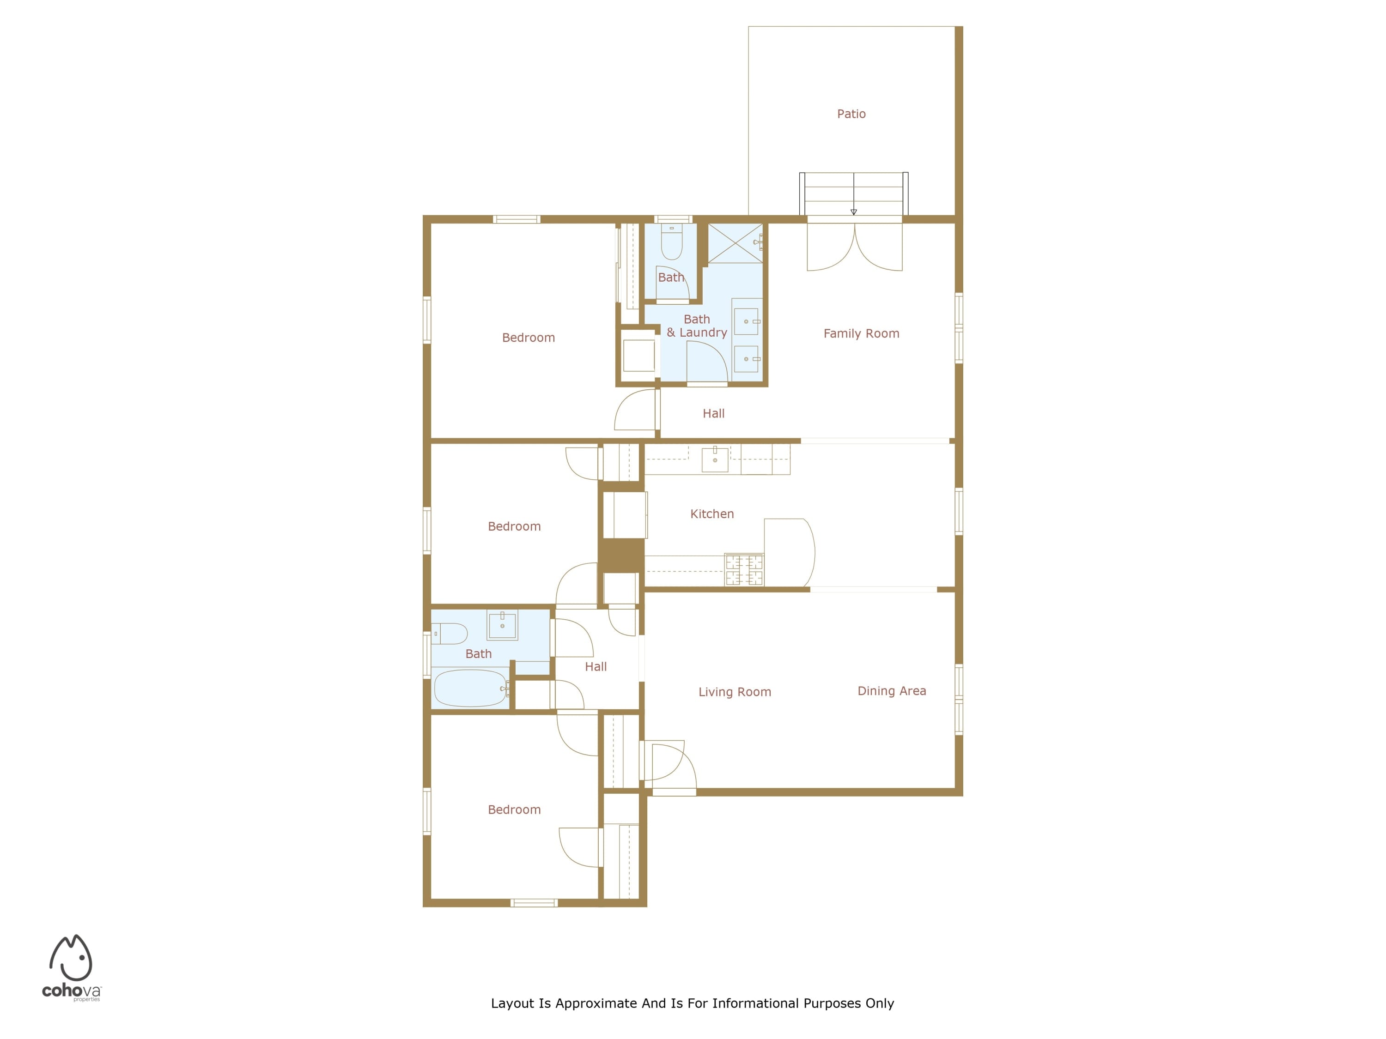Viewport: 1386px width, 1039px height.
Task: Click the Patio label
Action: click(851, 114)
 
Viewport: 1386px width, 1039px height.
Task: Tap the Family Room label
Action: click(861, 334)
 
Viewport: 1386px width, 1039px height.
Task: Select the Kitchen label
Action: click(712, 514)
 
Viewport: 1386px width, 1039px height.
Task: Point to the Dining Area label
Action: click(892, 691)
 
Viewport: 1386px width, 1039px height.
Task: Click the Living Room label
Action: click(735, 692)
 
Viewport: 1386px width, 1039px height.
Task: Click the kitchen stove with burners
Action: click(744, 569)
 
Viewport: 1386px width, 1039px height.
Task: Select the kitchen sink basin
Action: click(714, 459)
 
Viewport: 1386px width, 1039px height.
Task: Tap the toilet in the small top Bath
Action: click(672, 242)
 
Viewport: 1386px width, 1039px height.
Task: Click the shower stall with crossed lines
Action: click(735, 242)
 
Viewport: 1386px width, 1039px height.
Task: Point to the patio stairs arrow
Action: click(853, 211)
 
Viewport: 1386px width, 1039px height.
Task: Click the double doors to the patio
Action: click(854, 248)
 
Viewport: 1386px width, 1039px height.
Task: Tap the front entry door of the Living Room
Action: click(669, 768)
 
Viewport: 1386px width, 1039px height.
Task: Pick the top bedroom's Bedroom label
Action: click(528, 338)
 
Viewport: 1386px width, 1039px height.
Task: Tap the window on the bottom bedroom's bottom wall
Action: click(533, 902)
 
